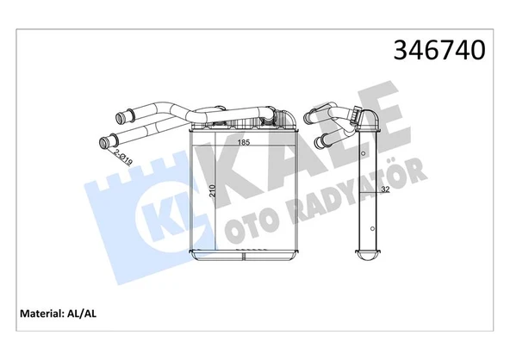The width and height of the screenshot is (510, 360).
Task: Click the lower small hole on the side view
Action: (x=370, y=229)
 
